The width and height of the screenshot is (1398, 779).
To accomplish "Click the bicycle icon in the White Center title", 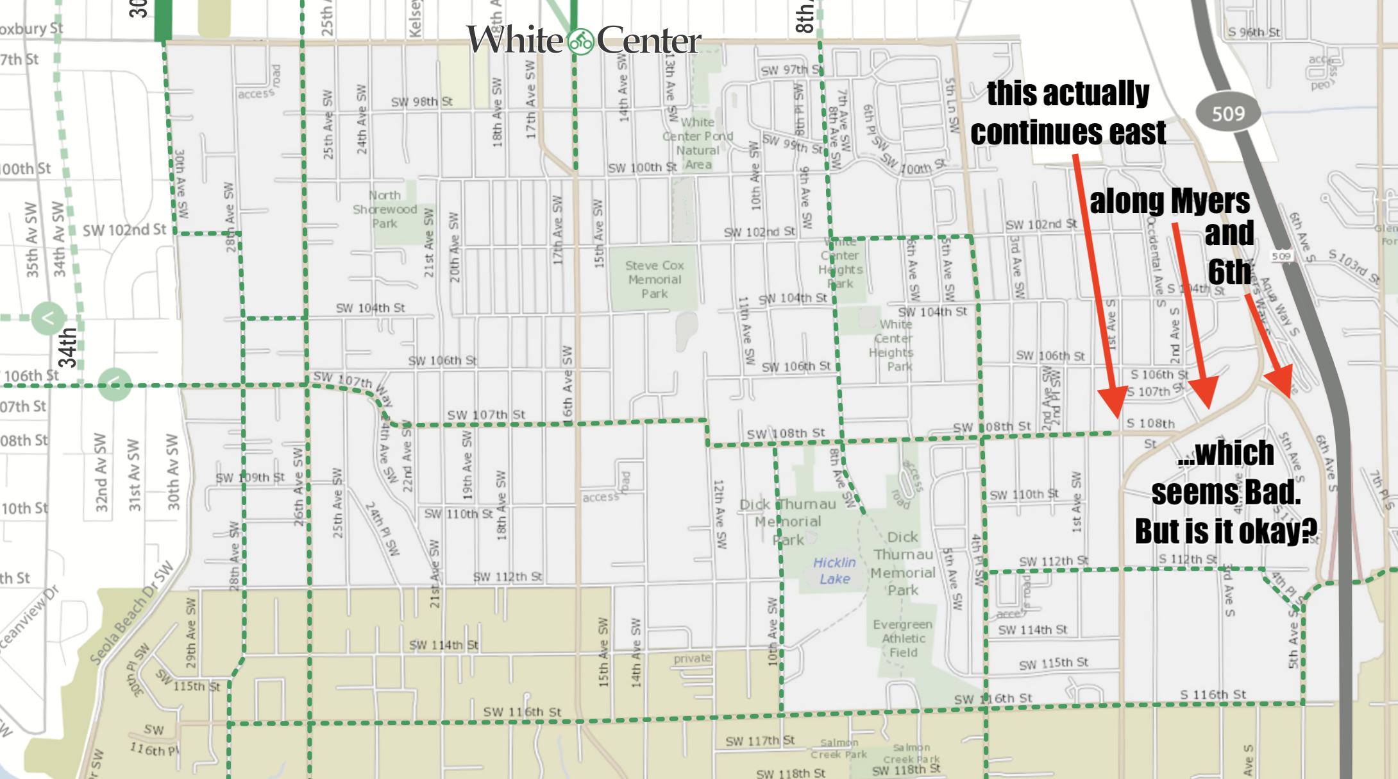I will tap(581, 42).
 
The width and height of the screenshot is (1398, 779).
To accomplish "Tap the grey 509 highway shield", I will tap(1227, 114).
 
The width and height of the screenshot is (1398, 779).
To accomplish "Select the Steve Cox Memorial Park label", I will tap(654, 279).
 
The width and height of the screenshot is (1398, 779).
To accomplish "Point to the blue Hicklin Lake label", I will tap(834, 570).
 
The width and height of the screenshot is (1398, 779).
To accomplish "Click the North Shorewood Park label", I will tap(385, 209).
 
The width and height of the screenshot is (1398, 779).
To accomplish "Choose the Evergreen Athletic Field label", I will tap(903, 638).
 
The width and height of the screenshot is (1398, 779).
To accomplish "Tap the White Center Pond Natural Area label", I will tap(698, 143).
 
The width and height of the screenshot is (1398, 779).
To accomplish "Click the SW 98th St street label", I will tap(421, 102).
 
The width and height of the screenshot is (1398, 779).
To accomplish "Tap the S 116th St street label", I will tap(1213, 694).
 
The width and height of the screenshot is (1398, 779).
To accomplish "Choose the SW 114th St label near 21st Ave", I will tap(443, 645).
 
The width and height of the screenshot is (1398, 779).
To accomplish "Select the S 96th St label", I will tap(1254, 32).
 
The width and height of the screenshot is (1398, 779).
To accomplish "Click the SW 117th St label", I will tap(760, 741).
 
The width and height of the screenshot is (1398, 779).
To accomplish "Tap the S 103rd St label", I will tap(1353, 266).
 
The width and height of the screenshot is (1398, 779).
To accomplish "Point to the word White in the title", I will tap(514, 40).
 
